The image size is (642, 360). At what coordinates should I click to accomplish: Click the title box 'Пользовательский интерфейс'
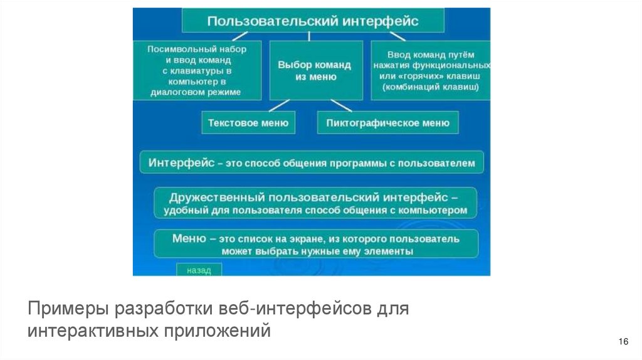coord(313,21)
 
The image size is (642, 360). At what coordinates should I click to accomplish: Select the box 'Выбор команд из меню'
coord(315,70)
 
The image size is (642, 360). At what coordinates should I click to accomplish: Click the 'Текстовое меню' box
coord(248,123)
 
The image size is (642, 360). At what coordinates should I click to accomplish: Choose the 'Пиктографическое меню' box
coord(387,123)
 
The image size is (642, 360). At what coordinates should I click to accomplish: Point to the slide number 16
coord(623,341)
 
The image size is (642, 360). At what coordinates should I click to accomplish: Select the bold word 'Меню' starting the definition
coord(186,238)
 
